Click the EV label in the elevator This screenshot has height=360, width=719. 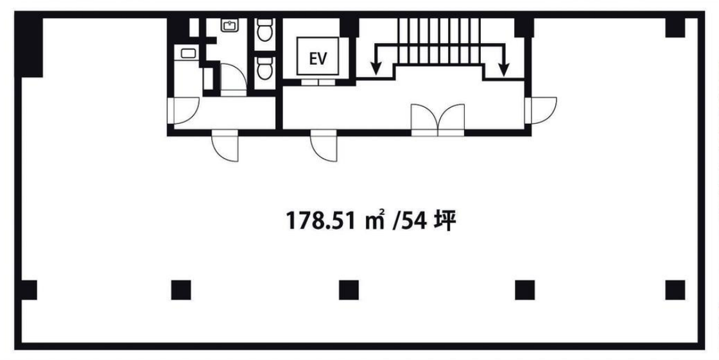coord(318,58)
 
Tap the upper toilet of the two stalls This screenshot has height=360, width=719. coord(264,30)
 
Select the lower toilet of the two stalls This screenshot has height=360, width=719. coord(264,68)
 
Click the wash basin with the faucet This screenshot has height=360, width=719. coord(228,25)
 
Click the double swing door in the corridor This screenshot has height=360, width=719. coord(438,120)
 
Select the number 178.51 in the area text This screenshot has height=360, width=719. coord(321,221)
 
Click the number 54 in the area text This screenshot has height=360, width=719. coord(415,221)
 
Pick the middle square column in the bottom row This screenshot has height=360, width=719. coord(349,290)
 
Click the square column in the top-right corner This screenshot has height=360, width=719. coord(675,28)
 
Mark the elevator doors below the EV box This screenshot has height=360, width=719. coord(318,83)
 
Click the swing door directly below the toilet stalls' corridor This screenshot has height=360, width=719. coord(225,146)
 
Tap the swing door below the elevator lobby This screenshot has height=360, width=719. coord(324,146)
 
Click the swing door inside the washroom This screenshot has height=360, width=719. coord(234,80)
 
